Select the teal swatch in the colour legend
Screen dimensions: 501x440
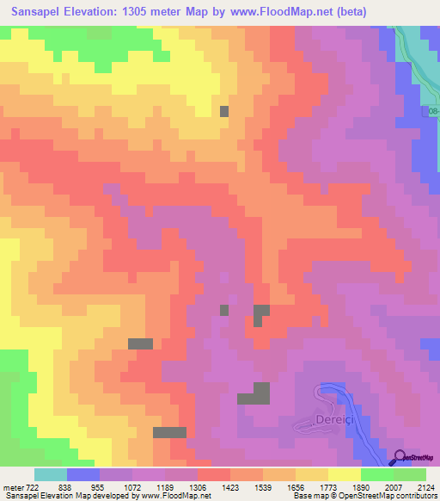tap(51, 474)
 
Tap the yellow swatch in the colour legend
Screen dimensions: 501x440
tap(345, 474)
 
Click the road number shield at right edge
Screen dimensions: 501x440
tap(432, 112)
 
